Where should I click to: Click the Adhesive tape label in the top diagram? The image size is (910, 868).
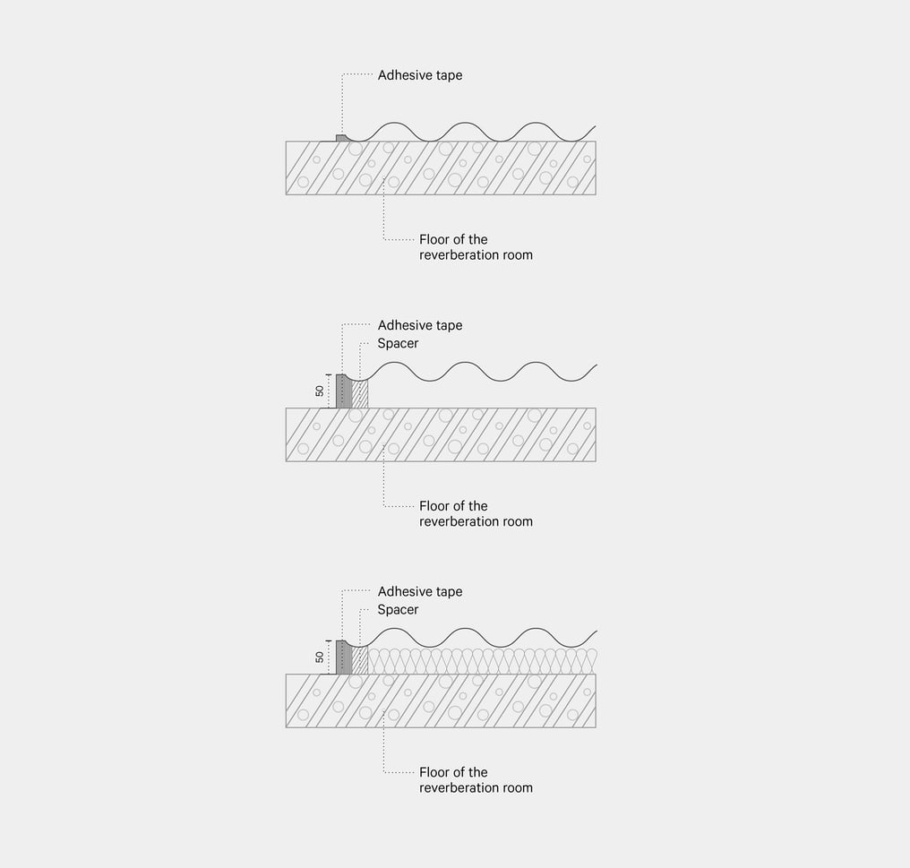pos(419,75)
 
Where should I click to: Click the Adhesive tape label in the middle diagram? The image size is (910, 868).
pos(419,325)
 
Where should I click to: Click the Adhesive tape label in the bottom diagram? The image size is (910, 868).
pos(419,591)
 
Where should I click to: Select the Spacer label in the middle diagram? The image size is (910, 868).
pos(398,343)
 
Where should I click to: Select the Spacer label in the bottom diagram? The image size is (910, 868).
pos(398,610)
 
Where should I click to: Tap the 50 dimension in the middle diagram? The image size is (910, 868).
pos(320,391)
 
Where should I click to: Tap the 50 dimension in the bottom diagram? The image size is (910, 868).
pos(320,657)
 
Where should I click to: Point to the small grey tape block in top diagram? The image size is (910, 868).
pos(342,138)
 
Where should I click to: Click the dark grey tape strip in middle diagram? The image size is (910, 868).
pos(344,391)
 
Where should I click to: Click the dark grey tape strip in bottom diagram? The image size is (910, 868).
pos(344,657)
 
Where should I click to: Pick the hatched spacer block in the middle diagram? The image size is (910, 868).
pos(360,394)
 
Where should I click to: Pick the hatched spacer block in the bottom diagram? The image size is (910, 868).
pos(360,661)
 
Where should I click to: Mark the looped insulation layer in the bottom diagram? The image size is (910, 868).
pos(483,661)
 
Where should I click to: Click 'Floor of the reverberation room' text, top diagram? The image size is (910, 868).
pos(476,247)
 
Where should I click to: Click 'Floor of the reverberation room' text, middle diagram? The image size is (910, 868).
pos(476,514)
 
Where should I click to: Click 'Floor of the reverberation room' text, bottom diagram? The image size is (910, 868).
pos(476,780)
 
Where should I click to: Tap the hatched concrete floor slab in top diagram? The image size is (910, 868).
pos(441,168)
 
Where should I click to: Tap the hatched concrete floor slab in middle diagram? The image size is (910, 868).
pos(441,434)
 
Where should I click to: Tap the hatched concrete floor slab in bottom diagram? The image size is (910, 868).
pos(441,700)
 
